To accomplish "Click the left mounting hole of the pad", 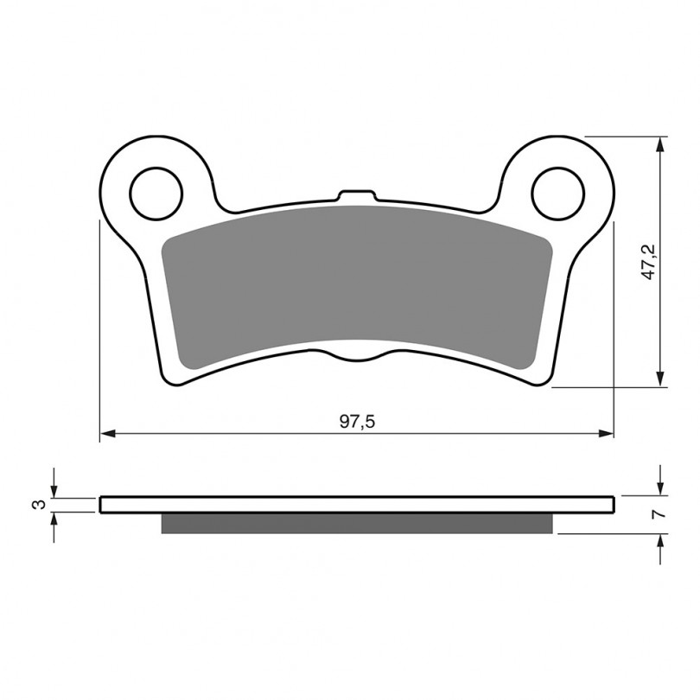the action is [156, 194].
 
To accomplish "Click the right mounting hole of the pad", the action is [558, 194].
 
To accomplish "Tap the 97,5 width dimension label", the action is [357, 422].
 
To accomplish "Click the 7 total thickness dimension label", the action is [659, 514].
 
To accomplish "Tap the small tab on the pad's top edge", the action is [357, 195].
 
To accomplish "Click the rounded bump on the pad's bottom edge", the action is [357, 355].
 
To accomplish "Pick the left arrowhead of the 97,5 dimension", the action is [108, 433].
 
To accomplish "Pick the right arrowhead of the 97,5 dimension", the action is [606, 433].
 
